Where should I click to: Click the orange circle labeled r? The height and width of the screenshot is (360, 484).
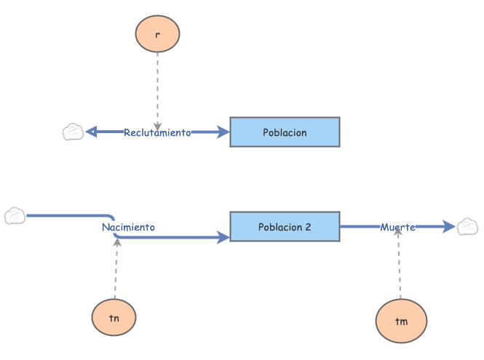pyautogui.click(x=157, y=33)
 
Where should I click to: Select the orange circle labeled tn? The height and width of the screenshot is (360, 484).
pyautogui.click(x=114, y=318)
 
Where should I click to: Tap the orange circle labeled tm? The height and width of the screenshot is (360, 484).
pyautogui.click(x=401, y=321)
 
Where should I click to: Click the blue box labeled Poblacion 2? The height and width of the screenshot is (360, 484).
pyautogui.click(x=285, y=227)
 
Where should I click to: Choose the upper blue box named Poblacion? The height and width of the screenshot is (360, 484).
pyautogui.click(x=285, y=132)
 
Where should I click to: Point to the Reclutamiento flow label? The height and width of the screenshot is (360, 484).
pyautogui.click(x=157, y=132)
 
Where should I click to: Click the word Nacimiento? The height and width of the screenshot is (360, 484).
pyautogui.click(x=128, y=227)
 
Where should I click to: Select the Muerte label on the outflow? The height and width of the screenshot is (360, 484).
pyautogui.click(x=397, y=227)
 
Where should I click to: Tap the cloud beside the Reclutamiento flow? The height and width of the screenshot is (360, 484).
pyautogui.click(x=73, y=132)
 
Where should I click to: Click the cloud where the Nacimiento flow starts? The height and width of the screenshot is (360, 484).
pyautogui.click(x=15, y=216)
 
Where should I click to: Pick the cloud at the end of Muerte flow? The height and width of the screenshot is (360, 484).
pyautogui.click(x=467, y=227)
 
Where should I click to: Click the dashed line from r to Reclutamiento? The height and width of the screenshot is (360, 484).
pyautogui.click(x=157, y=87)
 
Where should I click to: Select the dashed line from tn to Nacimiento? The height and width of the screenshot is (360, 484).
pyautogui.click(x=116, y=269)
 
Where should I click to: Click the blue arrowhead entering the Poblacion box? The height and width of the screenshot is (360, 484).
pyautogui.click(x=223, y=132)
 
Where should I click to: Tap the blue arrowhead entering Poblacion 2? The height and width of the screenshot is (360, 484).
pyautogui.click(x=223, y=237)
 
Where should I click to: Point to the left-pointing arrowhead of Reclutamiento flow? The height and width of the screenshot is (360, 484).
pyautogui.click(x=91, y=132)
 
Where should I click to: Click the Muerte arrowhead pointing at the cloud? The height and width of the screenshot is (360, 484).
pyautogui.click(x=451, y=227)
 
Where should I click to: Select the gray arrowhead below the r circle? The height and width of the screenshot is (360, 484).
pyautogui.click(x=157, y=126)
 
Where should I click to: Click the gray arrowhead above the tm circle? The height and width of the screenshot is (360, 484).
pyautogui.click(x=398, y=234)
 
